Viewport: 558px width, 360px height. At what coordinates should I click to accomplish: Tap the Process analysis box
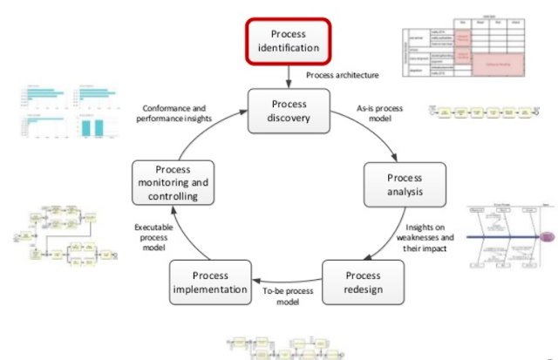(404, 186)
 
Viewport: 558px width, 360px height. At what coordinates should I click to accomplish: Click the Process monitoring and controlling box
(174, 184)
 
